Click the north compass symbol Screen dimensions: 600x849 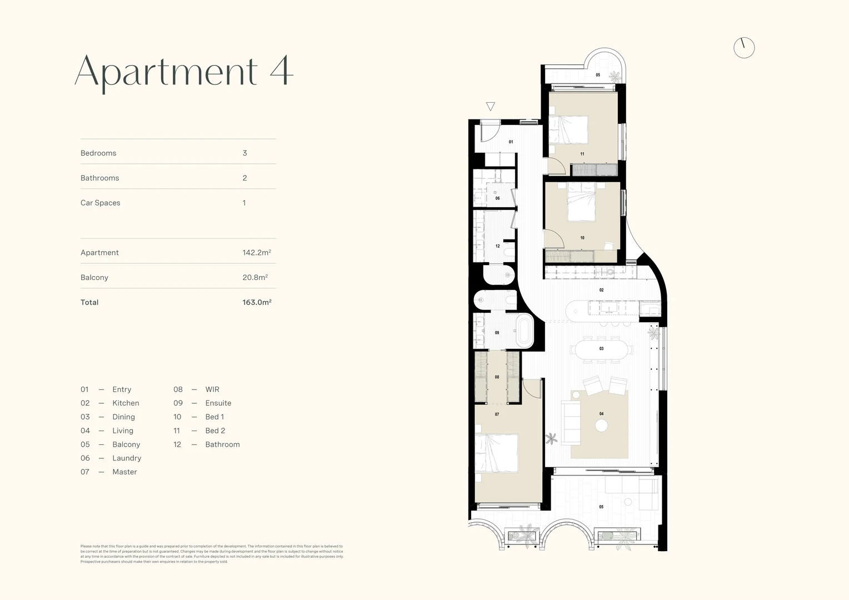click(x=744, y=48)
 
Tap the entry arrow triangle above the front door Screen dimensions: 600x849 click(x=490, y=107)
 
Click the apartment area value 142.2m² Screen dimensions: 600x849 click(x=257, y=252)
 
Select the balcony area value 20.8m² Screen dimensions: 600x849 click(x=255, y=277)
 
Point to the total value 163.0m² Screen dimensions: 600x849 click(x=257, y=302)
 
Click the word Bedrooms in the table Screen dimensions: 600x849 click(x=98, y=153)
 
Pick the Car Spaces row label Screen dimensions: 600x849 click(x=101, y=203)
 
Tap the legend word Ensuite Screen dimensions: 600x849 click(x=218, y=403)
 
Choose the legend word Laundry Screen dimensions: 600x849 click(x=127, y=458)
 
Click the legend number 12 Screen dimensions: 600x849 click(x=177, y=444)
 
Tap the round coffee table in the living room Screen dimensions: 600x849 click(x=602, y=426)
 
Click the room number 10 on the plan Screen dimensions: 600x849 click(x=582, y=238)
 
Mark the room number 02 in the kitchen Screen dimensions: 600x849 click(x=601, y=290)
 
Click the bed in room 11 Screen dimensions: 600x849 click(x=569, y=129)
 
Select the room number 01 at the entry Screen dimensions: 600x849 click(x=511, y=142)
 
